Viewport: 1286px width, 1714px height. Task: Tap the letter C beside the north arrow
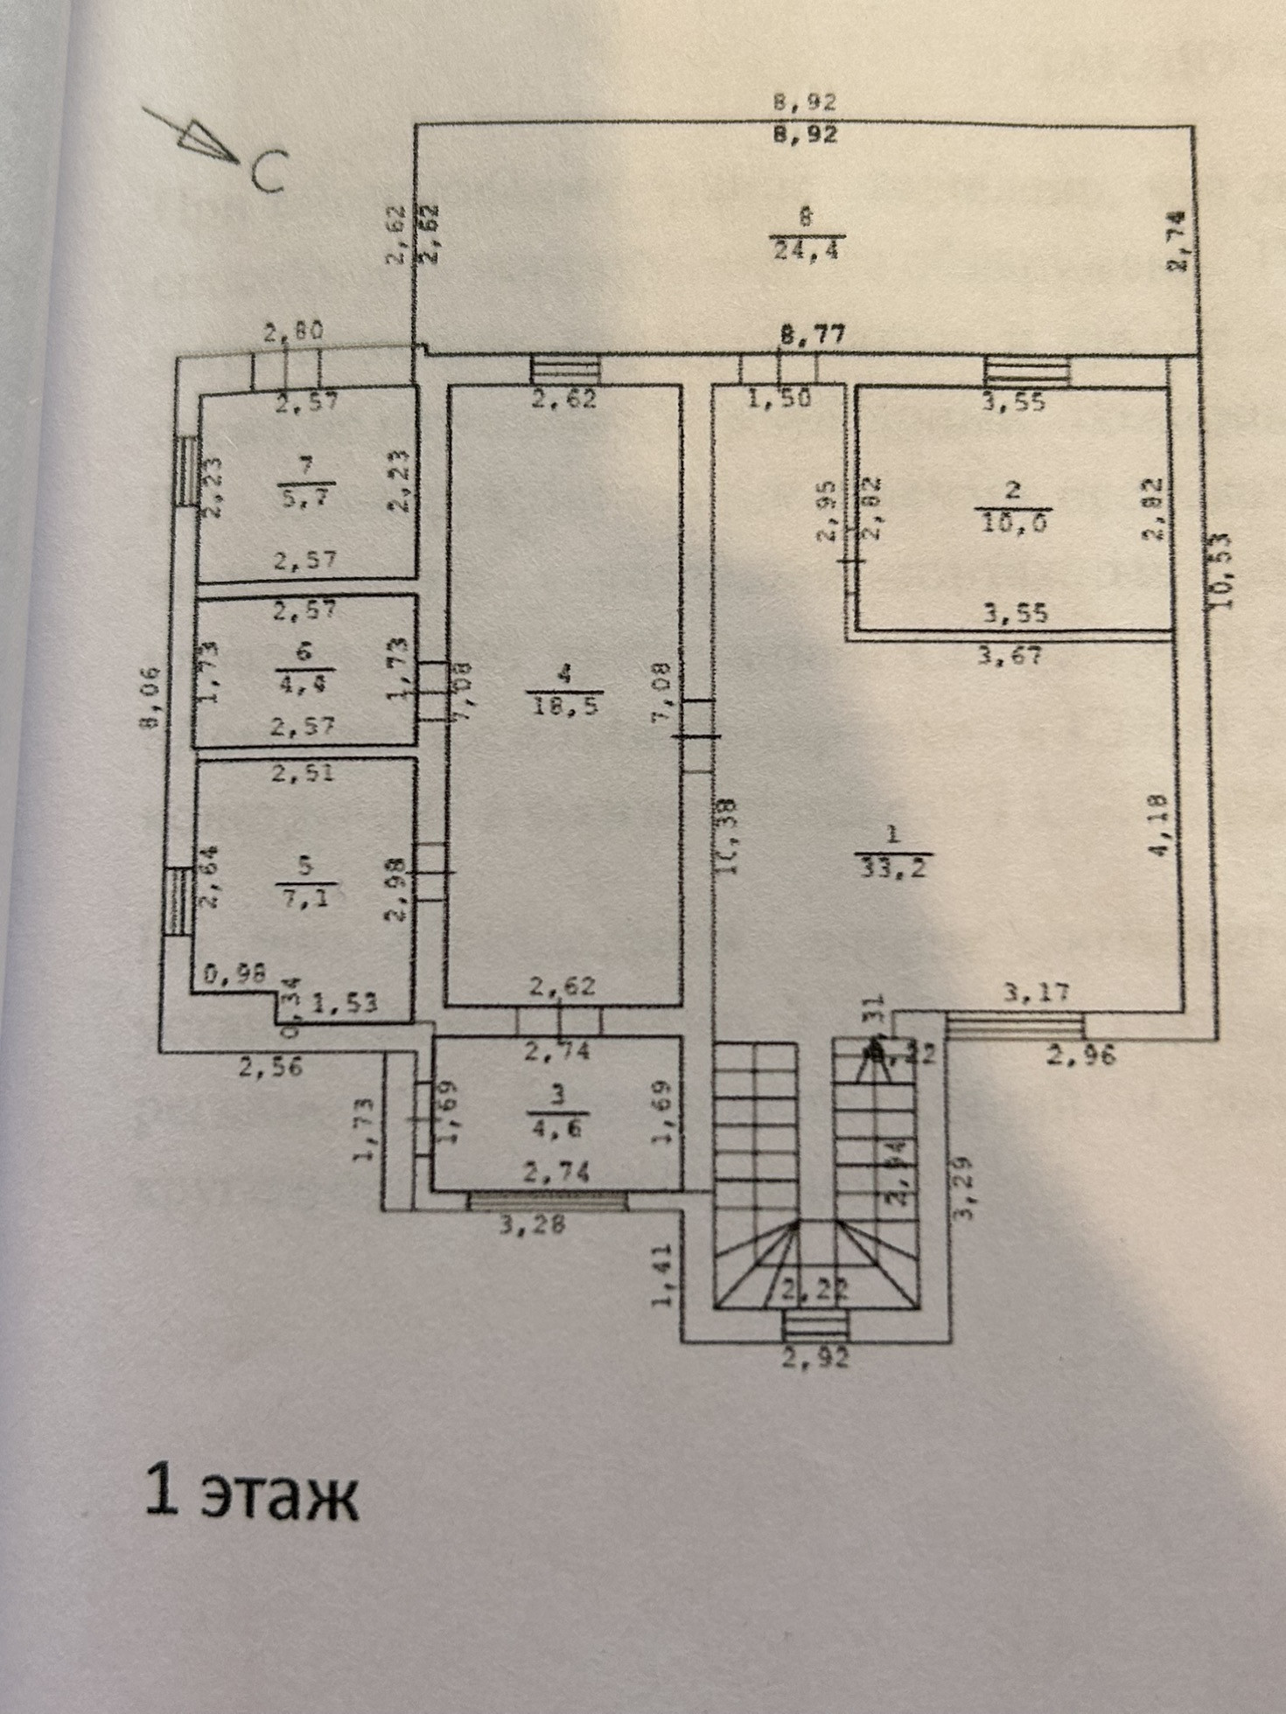(x=269, y=172)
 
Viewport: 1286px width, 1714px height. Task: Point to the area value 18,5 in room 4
(x=564, y=705)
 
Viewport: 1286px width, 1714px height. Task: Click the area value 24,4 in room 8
(x=805, y=250)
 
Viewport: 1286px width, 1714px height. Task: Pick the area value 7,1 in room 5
(x=304, y=898)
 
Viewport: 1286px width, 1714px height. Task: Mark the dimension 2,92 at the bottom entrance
(x=814, y=1358)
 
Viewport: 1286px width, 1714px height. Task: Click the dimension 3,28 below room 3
(x=532, y=1223)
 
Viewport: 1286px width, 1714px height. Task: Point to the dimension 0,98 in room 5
(x=235, y=973)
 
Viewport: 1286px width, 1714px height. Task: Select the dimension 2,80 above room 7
(x=294, y=331)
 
